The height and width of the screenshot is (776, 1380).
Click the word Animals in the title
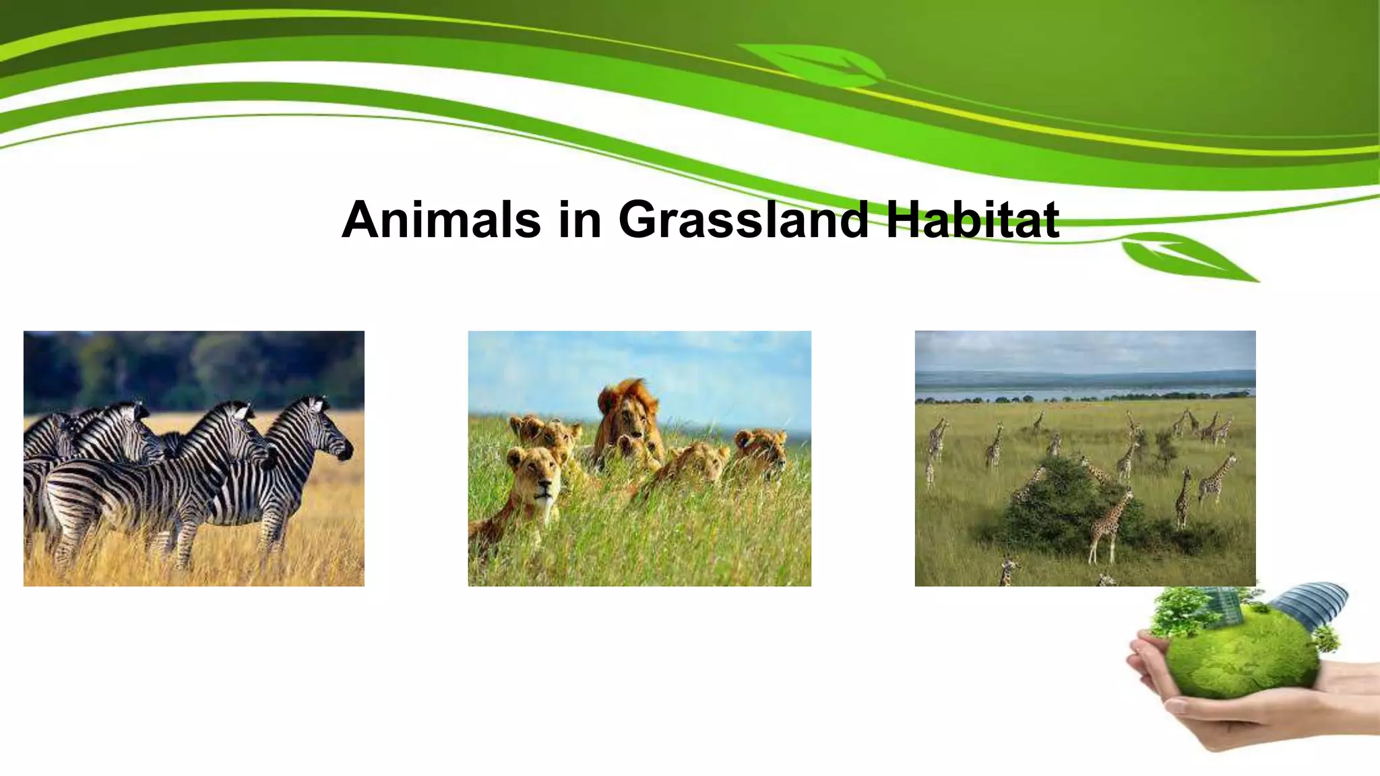(441, 220)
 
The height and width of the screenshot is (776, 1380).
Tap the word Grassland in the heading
(743, 220)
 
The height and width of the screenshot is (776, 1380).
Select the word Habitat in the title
(972, 220)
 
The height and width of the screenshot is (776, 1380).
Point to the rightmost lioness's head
(761, 449)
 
